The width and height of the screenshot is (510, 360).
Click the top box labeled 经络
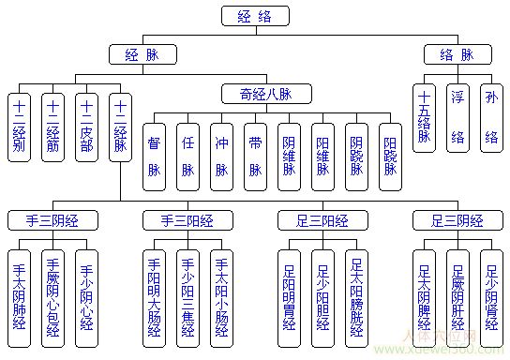click(255, 15)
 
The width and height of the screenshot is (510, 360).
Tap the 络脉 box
click(457, 54)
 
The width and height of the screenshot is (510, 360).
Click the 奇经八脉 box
click(255, 94)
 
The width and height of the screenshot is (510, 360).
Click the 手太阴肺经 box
click(20, 292)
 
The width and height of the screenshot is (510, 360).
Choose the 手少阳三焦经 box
click(187, 292)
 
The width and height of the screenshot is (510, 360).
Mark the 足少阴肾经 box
click(490, 292)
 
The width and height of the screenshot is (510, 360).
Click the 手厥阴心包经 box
click(53, 292)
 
